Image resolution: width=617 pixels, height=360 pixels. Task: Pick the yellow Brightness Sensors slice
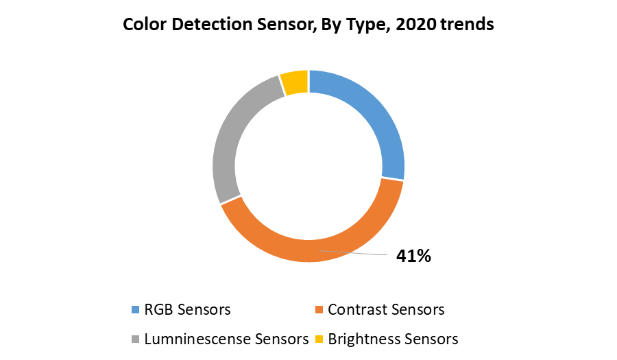point(295,83)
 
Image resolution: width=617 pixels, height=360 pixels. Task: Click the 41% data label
point(413,256)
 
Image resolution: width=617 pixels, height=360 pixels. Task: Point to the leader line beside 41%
point(356,254)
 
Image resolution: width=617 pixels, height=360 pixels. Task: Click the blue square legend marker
point(135,310)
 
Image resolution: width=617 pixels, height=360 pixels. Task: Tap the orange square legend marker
point(319,310)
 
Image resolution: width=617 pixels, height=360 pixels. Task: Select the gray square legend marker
point(135,339)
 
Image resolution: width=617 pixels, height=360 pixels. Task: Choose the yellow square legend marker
point(319,339)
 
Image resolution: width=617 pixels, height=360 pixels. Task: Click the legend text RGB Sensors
point(187,310)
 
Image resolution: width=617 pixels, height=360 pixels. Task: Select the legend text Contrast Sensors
point(386,310)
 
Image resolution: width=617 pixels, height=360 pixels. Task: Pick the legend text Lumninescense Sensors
point(226,339)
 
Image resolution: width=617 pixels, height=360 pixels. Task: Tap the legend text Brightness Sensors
point(393,339)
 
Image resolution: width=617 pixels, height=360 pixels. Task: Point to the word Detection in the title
point(205,25)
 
